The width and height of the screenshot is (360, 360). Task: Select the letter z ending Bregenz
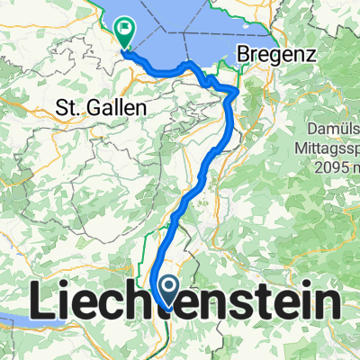pyautogui.click(x=311, y=56)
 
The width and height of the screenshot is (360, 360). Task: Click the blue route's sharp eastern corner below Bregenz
pyautogui.click(x=237, y=91)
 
